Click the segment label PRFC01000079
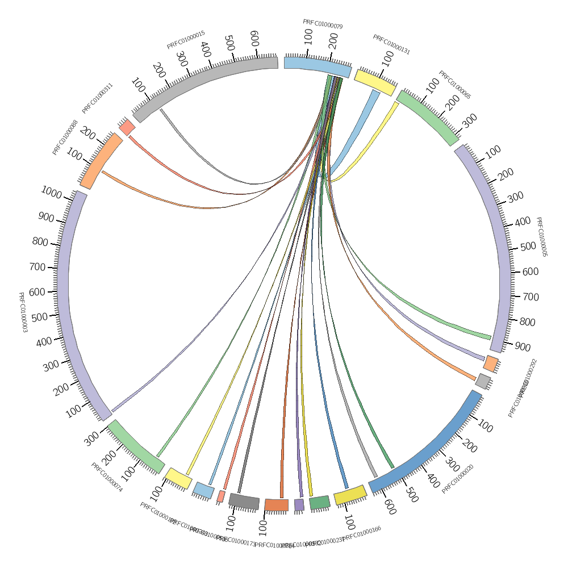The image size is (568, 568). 323,24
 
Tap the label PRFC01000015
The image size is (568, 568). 186,40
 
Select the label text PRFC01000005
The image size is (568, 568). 541,237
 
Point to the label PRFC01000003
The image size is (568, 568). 23,312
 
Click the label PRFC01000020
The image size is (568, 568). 458,479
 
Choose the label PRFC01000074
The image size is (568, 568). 107,477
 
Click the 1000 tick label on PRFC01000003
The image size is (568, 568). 51,193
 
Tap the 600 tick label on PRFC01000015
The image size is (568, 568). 254,38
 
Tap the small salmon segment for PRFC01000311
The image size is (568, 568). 127,127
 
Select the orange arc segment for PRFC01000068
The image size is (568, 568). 102,161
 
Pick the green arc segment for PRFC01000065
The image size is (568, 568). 427,118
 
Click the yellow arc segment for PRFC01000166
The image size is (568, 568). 350,495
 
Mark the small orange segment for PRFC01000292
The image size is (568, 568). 491,364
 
